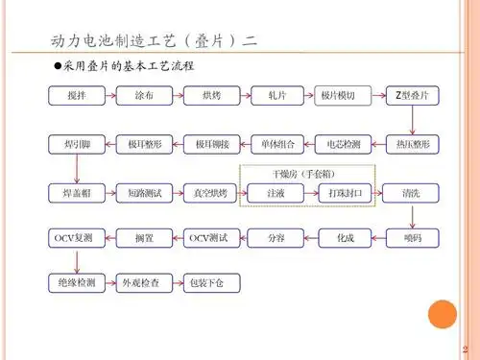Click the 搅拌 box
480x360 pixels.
pyautogui.click(x=76, y=96)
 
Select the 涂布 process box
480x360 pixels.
pyautogui.click(x=143, y=96)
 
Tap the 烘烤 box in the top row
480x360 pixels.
pyautogui.click(x=210, y=96)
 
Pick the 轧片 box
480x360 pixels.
pyautogui.click(x=277, y=96)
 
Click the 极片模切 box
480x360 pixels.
pyautogui.click(x=343, y=96)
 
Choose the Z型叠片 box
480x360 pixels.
pyautogui.click(x=412, y=96)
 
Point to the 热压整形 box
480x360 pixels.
pyautogui.click(x=412, y=145)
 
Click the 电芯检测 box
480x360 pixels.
pyautogui.click(x=343, y=145)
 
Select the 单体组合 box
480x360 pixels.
pyautogui.click(x=277, y=145)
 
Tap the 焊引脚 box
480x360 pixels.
pyautogui.click(x=76, y=145)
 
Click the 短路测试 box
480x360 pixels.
pyautogui.click(x=143, y=193)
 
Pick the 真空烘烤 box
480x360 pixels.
pyautogui.click(x=210, y=193)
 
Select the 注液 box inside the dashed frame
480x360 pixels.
pyautogui.click(x=277, y=193)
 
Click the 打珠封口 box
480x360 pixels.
pyautogui.click(x=343, y=193)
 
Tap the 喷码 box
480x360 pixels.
pyautogui.click(x=412, y=236)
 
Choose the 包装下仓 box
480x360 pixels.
pyautogui.click(x=210, y=283)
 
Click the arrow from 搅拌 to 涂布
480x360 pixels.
pyautogui.click(x=109, y=96)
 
